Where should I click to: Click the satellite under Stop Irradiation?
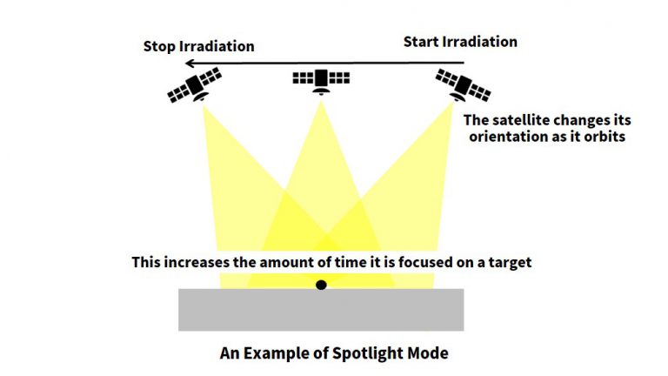(x=194, y=84)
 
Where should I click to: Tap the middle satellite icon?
(x=321, y=81)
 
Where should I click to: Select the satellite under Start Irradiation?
(x=463, y=85)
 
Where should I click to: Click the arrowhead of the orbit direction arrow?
(x=190, y=64)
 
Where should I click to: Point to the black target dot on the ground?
(x=321, y=285)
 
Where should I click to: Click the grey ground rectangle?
(x=321, y=310)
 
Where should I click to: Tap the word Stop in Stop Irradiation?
(x=159, y=46)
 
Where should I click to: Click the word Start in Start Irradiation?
(x=420, y=42)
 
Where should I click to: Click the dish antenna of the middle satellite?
(x=321, y=91)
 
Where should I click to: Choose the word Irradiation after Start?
(x=480, y=42)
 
